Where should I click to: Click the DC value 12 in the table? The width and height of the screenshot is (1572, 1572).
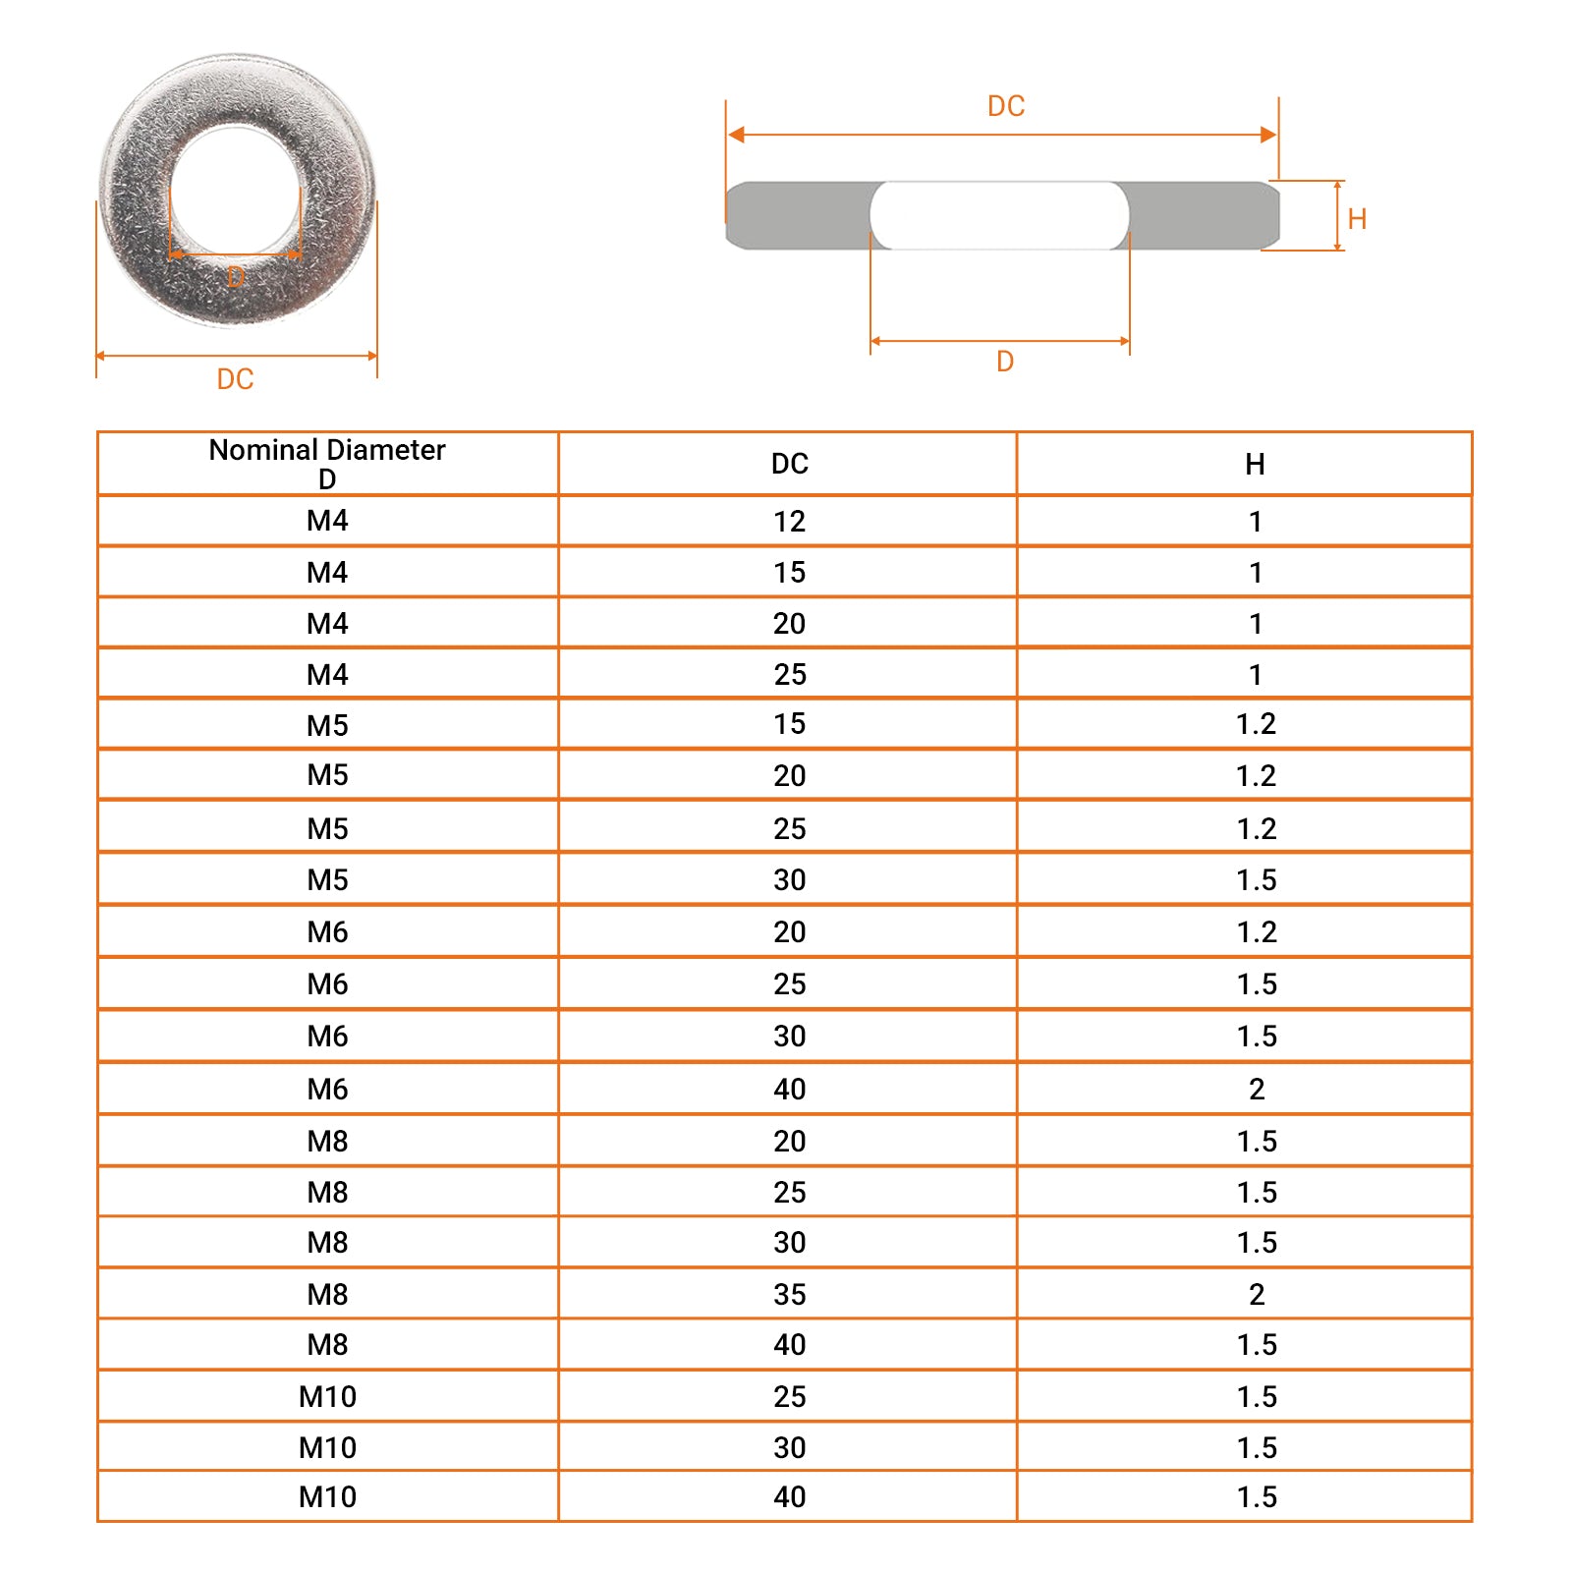tap(789, 522)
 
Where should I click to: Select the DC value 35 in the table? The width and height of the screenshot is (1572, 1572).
tap(789, 1294)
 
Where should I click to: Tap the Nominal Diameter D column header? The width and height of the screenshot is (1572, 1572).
tap(327, 464)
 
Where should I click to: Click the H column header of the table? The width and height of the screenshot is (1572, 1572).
tap(1255, 465)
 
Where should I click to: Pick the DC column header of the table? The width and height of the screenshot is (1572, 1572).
tap(789, 464)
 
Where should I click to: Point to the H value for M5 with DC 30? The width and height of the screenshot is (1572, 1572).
tap(1256, 880)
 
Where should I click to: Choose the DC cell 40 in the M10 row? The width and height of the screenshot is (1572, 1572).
tap(789, 1496)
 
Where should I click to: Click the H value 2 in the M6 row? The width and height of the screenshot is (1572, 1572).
tap(1257, 1089)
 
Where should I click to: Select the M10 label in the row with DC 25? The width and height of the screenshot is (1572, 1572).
tap(327, 1396)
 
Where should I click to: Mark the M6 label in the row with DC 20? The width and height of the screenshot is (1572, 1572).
tap(327, 931)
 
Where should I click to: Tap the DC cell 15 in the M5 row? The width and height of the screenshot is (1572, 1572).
tap(789, 724)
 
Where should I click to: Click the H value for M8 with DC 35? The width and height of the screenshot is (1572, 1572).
tap(1257, 1294)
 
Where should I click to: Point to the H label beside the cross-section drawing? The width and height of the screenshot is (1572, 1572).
tap(1357, 219)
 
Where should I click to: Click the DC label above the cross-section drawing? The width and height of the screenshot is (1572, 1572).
tap(1006, 106)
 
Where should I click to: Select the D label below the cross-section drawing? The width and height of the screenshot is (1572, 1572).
tap(1005, 362)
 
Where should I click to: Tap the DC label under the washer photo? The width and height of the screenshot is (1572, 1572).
tap(235, 379)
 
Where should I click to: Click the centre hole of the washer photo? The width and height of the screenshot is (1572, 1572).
tap(236, 191)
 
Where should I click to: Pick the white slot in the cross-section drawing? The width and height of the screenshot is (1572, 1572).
tap(999, 215)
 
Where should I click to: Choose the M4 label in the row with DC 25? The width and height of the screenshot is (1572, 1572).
tap(327, 675)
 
